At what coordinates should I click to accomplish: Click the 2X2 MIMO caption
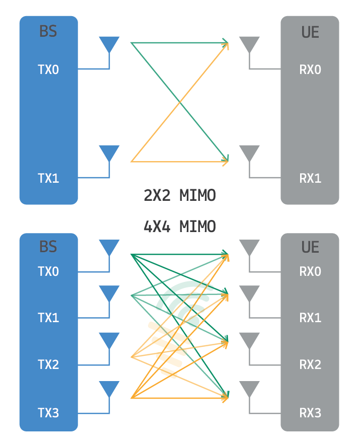(180, 195)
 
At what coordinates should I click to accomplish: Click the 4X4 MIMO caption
(180, 227)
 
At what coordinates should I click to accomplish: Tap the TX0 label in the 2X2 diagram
(48, 69)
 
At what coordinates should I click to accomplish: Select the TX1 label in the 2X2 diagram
(48, 178)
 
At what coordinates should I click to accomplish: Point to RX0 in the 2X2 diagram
(310, 69)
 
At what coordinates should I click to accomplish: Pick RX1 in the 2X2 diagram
(310, 178)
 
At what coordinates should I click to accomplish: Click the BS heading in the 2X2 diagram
(48, 32)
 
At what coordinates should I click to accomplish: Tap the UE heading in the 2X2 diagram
(310, 32)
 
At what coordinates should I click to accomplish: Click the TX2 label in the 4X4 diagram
(48, 364)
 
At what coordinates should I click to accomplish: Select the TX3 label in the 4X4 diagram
(48, 413)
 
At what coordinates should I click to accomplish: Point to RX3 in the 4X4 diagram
(310, 413)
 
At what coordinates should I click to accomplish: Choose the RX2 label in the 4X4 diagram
(310, 364)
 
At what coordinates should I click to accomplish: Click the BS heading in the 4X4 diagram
(48, 247)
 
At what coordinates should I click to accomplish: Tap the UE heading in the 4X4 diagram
(310, 247)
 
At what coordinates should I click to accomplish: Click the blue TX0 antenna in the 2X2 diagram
(109, 44)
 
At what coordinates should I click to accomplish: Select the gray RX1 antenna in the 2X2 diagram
(249, 153)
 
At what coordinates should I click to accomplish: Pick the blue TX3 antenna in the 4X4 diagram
(109, 389)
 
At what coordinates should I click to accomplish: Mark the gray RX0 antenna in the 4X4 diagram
(249, 247)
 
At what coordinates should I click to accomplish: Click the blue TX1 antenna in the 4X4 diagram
(109, 293)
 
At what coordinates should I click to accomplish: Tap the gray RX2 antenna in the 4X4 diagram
(249, 340)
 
